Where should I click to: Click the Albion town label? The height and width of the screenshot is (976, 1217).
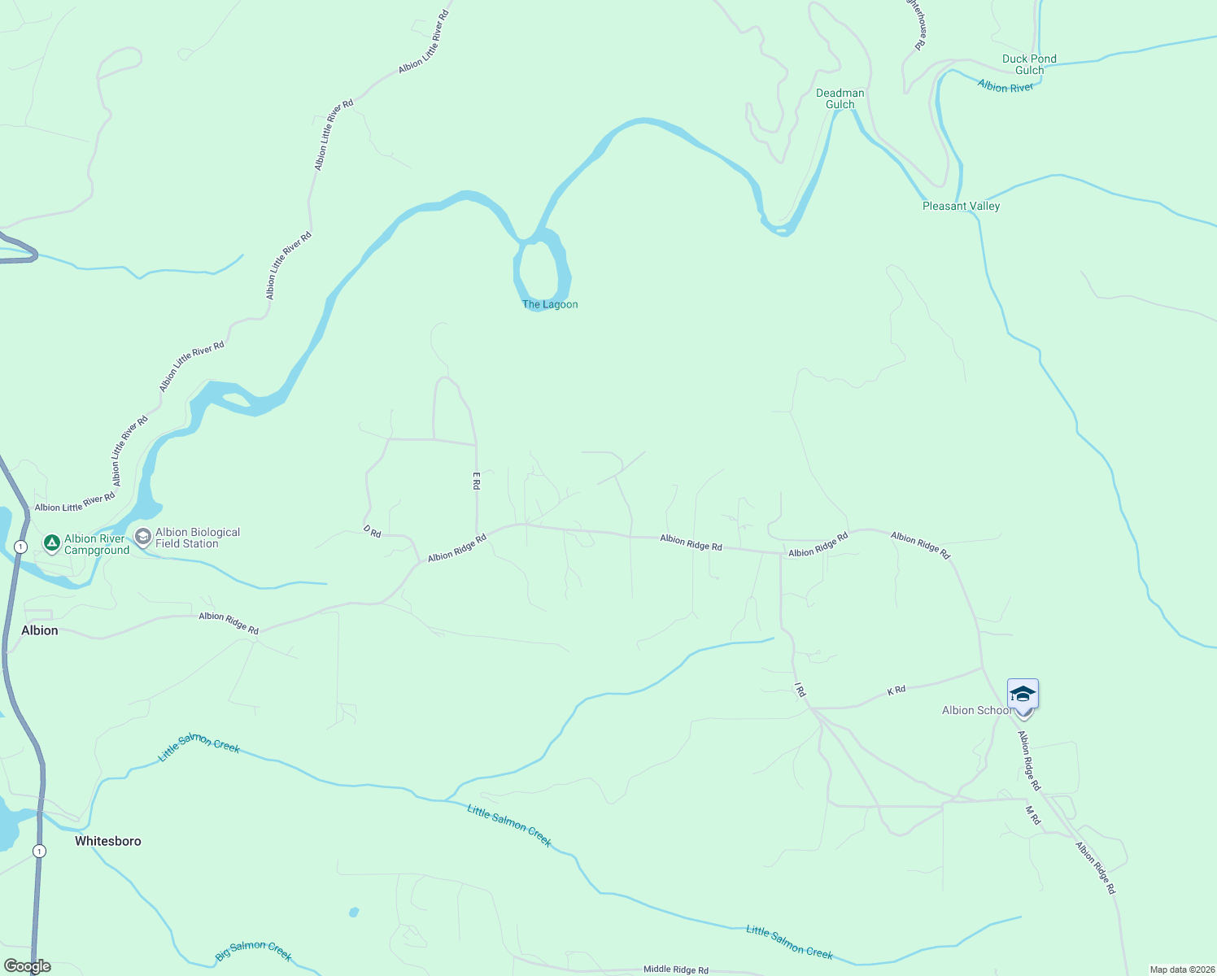(x=40, y=630)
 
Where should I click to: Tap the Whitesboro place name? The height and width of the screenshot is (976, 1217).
(x=108, y=841)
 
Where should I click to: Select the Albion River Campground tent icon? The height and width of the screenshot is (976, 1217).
(x=51, y=542)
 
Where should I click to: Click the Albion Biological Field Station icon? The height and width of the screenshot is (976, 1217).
(x=143, y=537)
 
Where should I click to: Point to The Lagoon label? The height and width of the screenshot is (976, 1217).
(x=550, y=304)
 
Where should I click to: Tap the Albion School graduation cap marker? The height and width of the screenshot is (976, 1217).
(x=1023, y=695)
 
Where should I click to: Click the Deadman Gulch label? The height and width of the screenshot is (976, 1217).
(x=840, y=98)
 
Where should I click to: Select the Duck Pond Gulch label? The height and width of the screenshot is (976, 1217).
(x=1029, y=64)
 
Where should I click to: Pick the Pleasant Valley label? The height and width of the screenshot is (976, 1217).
(x=961, y=206)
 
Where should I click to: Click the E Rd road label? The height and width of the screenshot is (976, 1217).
(x=477, y=481)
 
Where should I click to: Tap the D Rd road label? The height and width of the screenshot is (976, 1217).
(x=372, y=531)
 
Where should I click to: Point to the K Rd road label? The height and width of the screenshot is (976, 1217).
(x=896, y=691)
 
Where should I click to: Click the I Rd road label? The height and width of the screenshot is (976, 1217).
(x=800, y=690)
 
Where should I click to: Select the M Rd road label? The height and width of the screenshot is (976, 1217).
(x=1032, y=815)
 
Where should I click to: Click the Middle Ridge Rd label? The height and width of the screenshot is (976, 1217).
(x=675, y=969)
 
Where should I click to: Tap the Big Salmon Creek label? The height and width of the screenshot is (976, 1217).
(x=253, y=950)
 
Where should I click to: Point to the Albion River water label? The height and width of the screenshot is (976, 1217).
(x=1005, y=86)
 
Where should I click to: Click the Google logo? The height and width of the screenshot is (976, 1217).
(x=28, y=966)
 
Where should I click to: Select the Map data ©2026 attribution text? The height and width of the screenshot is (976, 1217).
(x=1181, y=969)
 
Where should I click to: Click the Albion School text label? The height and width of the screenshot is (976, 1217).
(x=976, y=710)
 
